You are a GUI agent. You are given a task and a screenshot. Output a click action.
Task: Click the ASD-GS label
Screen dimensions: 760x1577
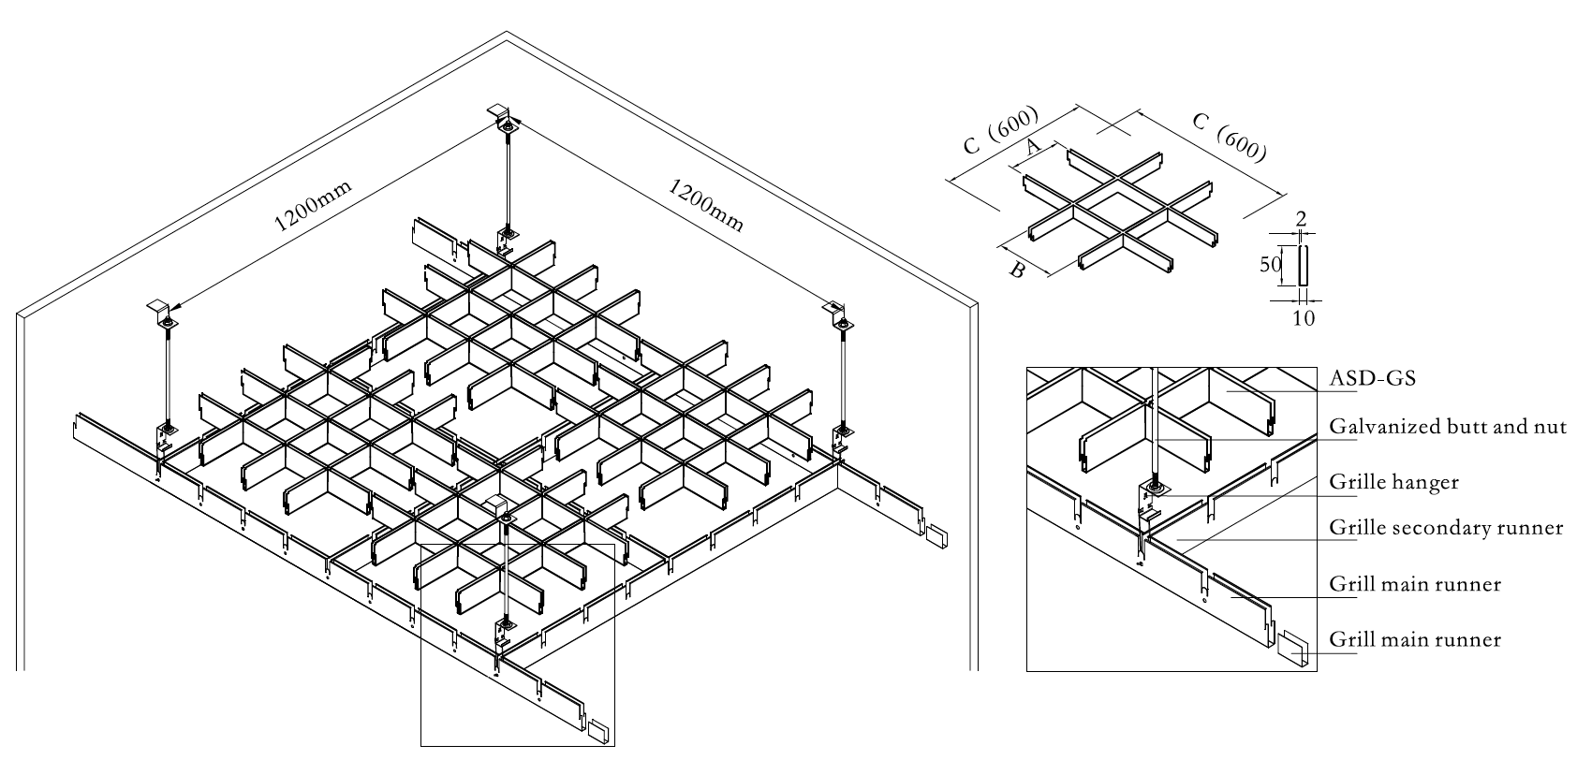point(1372,378)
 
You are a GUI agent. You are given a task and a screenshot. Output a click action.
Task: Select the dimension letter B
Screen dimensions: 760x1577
point(1016,271)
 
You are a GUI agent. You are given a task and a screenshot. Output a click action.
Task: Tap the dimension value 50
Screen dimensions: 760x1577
point(1269,265)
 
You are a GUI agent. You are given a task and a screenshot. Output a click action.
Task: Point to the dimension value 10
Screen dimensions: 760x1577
point(1303,318)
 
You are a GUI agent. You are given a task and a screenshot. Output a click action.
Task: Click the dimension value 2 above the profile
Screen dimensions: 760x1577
point(1302,218)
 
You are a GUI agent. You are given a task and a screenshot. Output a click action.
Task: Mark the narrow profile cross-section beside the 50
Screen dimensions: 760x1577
point(1302,265)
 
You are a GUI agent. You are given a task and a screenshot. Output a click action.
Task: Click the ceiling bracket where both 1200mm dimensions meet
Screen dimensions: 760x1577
point(505,119)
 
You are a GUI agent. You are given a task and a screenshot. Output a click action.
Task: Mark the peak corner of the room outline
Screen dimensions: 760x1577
point(507,34)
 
